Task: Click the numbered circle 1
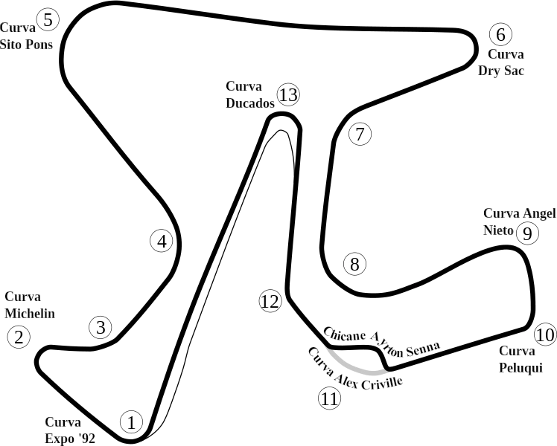pyautogui.click(x=131, y=422)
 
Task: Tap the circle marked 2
pyautogui.click(x=19, y=337)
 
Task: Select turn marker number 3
pyautogui.click(x=101, y=327)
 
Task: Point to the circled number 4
pyautogui.click(x=162, y=241)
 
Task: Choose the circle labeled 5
pyautogui.click(x=48, y=19)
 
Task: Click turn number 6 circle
pyautogui.click(x=500, y=34)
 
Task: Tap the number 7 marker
pyautogui.click(x=359, y=135)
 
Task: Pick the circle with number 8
pyautogui.click(x=354, y=264)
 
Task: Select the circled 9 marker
pyautogui.click(x=526, y=233)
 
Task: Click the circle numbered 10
pyautogui.click(x=545, y=334)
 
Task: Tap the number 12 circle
pyautogui.click(x=270, y=301)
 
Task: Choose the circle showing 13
pyautogui.click(x=287, y=95)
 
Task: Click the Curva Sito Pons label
pyautogui.click(x=27, y=36)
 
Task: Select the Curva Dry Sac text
pyautogui.click(x=500, y=62)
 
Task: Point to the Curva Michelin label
pyautogui.click(x=30, y=305)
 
